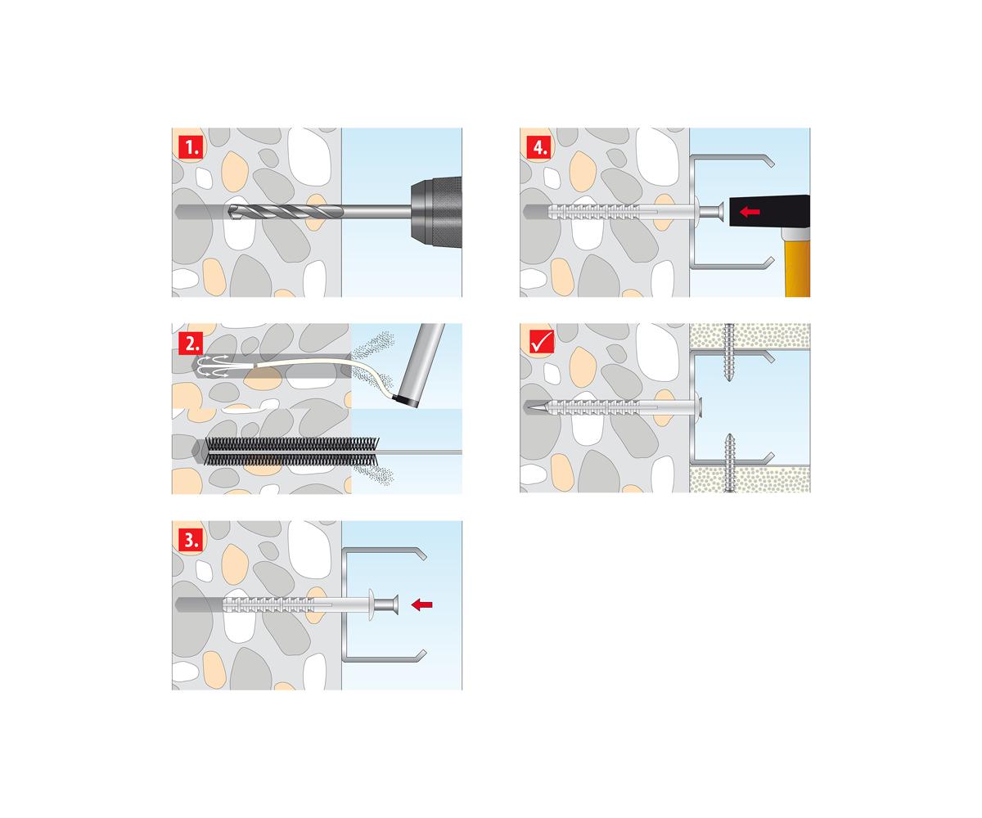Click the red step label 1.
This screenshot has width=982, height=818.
(191, 147)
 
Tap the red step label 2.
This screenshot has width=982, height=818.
(191, 343)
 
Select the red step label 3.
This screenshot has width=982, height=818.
(191, 540)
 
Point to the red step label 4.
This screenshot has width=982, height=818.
(539, 147)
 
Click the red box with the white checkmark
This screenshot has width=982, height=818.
(541, 342)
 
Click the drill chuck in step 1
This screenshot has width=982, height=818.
(436, 212)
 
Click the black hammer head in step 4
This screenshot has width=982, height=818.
(769, 212)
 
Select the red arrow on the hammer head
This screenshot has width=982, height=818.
(750, 212)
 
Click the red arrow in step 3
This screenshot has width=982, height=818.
(422, 605)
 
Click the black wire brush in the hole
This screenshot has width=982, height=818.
(291, 452)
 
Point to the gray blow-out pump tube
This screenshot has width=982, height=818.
(420, 364)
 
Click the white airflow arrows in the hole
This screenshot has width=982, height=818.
(214, 366)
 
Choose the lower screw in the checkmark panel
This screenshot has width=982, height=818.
(729, 463)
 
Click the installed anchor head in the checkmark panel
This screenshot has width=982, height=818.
(699, 407)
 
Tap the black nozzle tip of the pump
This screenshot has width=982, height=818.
(403, 402)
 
